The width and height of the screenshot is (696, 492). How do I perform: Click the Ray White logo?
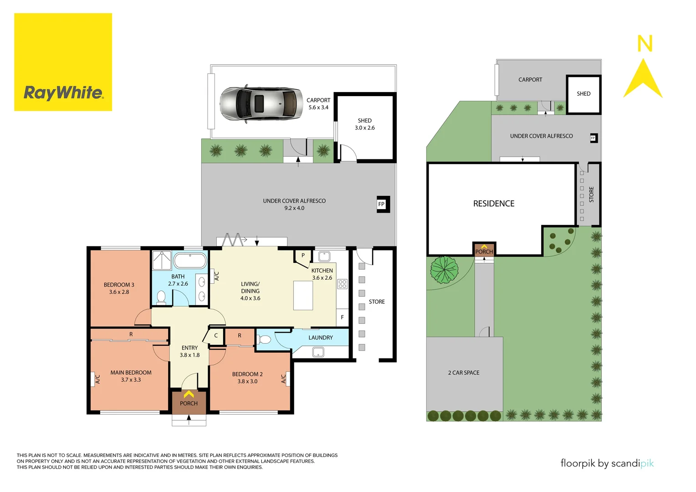(63, 62)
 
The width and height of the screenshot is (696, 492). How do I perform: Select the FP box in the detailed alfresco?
(381, 204)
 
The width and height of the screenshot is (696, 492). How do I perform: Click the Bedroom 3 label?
(119, 288)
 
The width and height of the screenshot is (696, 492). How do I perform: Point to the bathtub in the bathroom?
(190, 261)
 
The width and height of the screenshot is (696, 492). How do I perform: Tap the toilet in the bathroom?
(161, 297)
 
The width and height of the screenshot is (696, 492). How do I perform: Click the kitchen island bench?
(303, 295)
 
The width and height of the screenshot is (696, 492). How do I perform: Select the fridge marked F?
(342, 317)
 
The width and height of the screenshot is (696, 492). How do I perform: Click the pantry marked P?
(303, 256)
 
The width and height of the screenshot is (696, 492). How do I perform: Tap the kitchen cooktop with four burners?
(343, 284)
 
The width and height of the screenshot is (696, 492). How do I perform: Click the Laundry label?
(320, 338)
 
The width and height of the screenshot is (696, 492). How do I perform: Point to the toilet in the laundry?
(264, 339)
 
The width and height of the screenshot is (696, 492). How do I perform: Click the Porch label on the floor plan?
(189, 403)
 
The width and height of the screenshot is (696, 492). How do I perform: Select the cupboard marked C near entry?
(216, 336)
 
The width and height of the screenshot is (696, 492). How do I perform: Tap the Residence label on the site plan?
(494, 204)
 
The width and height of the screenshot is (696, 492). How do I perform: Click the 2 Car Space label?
(464, 373)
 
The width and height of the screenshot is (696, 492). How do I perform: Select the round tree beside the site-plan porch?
(444, 269)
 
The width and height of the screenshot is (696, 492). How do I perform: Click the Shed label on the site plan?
(583, 94)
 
